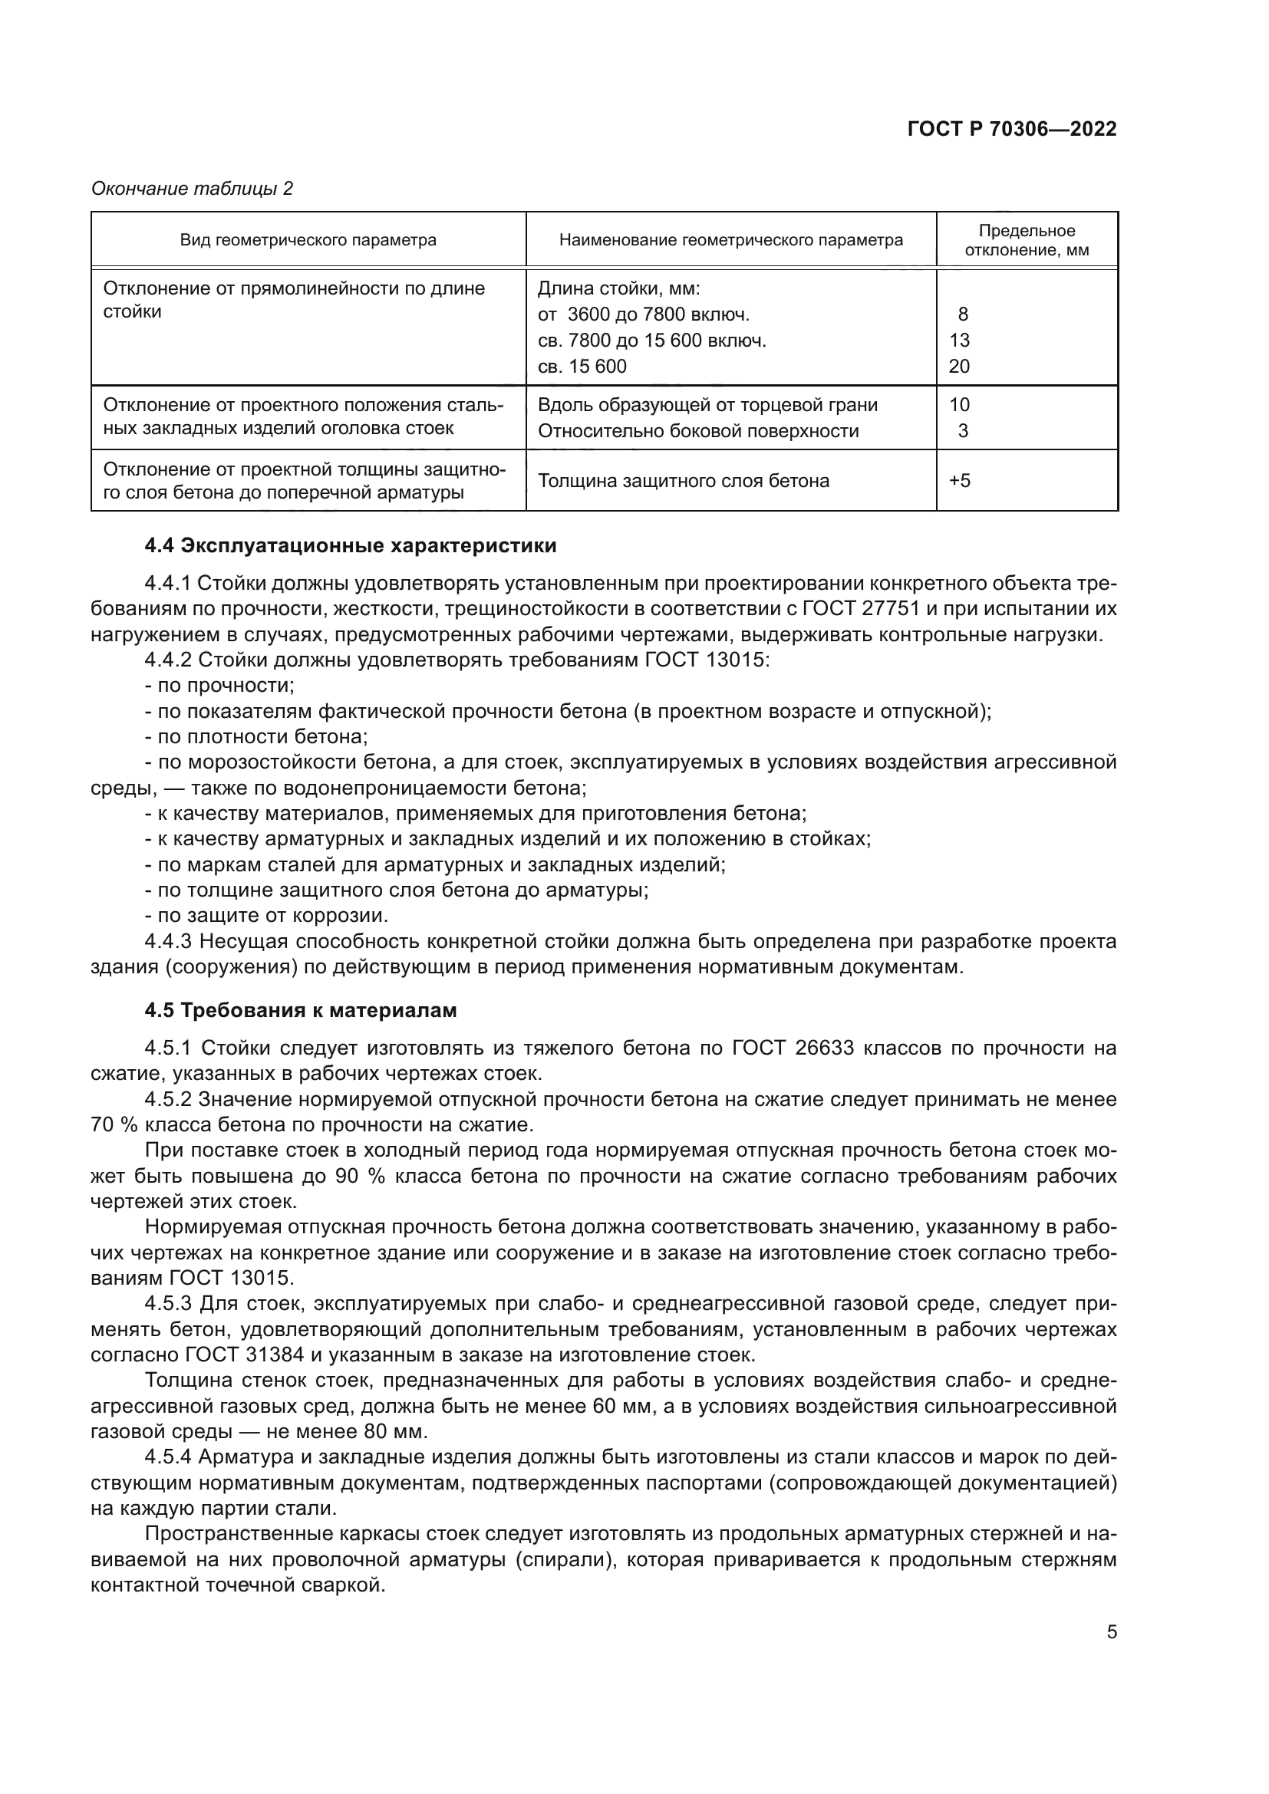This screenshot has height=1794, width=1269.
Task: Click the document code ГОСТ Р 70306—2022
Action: pyautogui.click(x=1012, y=129)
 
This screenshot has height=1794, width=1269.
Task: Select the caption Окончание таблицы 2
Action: pyautogui.click(x=193, y=189)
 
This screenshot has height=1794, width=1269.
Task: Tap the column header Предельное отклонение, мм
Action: pyautogui.click(x=1027, y=241)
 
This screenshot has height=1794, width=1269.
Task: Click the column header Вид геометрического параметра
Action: pyautogui.click(x=308, y=240)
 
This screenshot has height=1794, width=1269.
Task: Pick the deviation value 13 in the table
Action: pyautogui.click(x=959, y=341)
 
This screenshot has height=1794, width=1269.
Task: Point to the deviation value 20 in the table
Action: pyautogui.click(x=959, y=367)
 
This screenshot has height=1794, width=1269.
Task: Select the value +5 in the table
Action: pyautogui.click(x=960, y=481)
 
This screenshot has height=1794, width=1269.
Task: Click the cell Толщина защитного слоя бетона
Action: pyautogui.click(x=684, y=481)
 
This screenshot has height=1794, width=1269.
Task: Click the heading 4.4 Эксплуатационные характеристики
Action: pyautogui.click(x=350, y=545)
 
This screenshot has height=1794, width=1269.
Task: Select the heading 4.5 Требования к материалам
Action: pyautogui.click(x=300, y=1010)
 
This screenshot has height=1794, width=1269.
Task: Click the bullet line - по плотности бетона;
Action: pyautogui.click(x=256, y=737)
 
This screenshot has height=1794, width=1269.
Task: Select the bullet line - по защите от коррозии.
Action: pyautogui.click(x=266, y=915)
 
